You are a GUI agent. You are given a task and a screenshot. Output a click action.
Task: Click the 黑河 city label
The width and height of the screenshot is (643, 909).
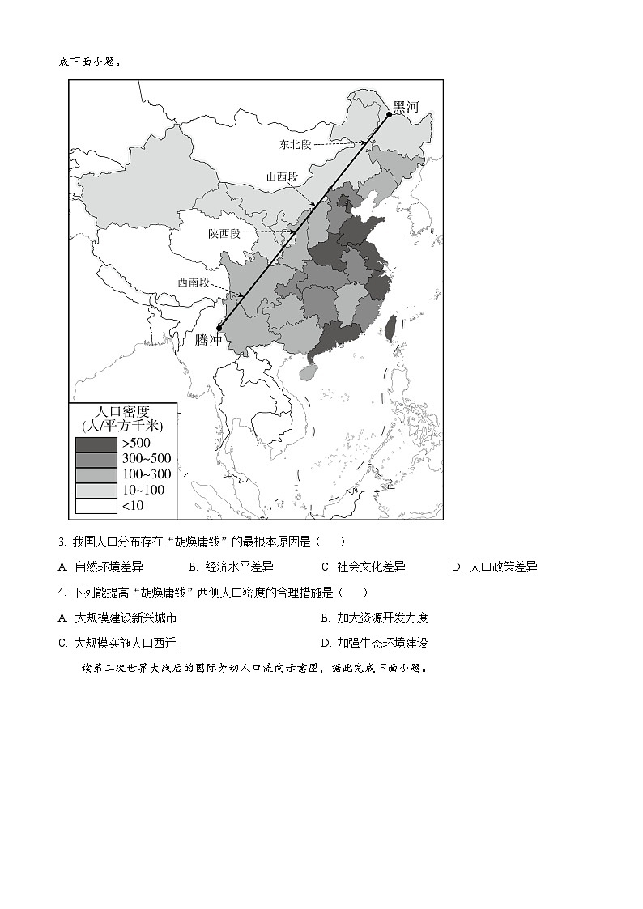(407, 107)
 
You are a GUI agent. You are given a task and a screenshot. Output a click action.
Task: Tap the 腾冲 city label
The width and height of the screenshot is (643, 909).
(209, 340)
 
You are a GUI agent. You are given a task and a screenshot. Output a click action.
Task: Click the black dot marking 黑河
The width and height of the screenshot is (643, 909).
(389, 114)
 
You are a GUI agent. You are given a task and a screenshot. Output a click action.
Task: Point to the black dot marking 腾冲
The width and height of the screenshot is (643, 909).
(219, 329)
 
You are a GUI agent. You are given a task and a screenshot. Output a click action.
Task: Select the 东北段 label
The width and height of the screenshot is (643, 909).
(296, 145)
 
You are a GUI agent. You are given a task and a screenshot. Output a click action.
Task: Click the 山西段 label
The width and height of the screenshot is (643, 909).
(282, 176)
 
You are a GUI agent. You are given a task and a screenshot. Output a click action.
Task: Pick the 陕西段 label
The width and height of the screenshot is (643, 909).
(224, 233)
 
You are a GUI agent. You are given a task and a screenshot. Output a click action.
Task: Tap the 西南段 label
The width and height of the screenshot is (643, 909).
(194, 282)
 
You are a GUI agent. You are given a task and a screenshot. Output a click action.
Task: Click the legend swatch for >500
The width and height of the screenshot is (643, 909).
(96, 444)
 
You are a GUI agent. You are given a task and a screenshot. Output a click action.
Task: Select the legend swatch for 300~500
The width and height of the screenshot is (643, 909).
(96, 459)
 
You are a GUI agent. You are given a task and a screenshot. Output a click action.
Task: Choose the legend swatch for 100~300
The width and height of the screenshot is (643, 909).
(96, 474)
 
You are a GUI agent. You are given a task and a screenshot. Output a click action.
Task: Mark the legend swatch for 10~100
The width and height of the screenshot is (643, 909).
(96, 490)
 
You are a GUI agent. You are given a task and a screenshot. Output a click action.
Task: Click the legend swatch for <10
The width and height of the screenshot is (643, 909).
(96, 505)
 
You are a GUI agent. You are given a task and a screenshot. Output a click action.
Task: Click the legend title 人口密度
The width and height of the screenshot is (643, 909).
(123, 410)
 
